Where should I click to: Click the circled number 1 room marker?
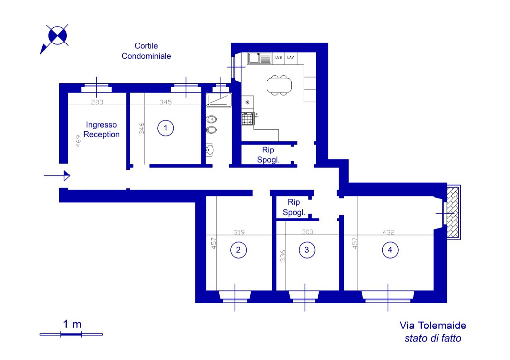166,128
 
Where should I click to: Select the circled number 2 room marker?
238,250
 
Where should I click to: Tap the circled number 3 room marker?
307,250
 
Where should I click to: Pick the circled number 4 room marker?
390,250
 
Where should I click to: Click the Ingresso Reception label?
102,130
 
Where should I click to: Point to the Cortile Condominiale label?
146,51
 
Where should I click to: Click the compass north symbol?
55,39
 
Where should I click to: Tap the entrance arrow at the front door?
57,176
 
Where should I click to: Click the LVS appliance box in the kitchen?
278,58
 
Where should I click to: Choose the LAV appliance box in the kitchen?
291,58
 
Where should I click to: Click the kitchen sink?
259,58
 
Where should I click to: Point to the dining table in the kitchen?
279,85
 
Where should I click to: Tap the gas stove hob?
247,118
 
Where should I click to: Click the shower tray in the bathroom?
219,100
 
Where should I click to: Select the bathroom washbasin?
209,150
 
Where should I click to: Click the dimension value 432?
389,232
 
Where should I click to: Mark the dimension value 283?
97,102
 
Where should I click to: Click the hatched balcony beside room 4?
453,212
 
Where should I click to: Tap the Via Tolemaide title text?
433,325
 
